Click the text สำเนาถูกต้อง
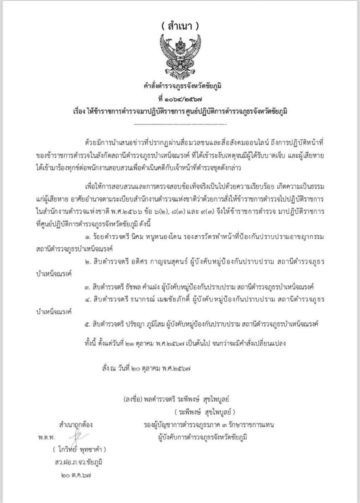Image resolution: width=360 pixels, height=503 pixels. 76,425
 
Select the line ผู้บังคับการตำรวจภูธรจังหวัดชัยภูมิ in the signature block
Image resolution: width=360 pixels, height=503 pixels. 202,437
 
